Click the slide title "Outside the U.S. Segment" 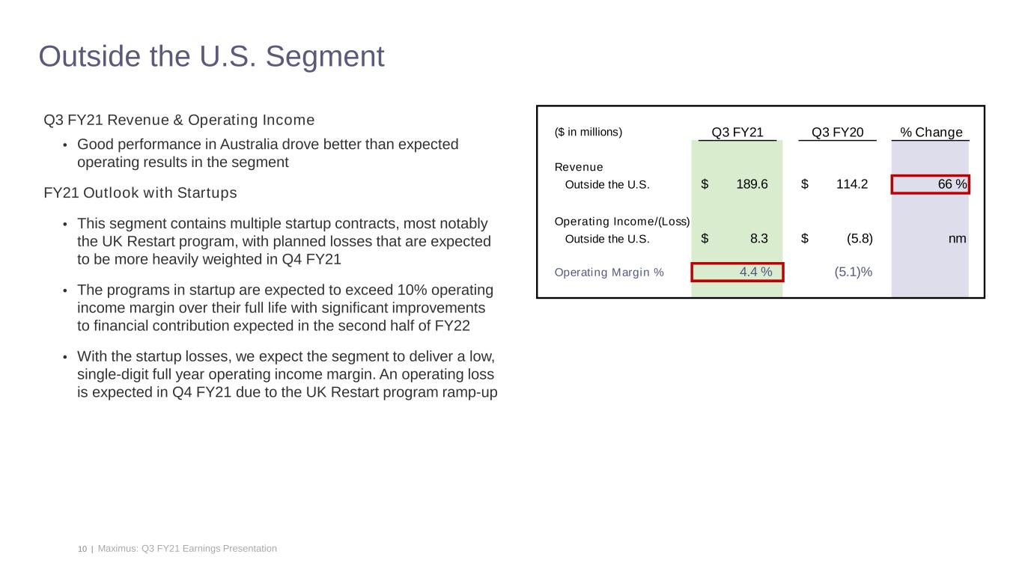point(211,57)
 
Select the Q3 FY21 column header point(737,133)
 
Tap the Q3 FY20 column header point(837,133)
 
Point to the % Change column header point(931,133)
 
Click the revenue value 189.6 point(752,184)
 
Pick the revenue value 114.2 point(852,184)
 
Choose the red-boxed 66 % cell point(930,184)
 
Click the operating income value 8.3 point(758,239)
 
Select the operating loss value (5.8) point(858,239)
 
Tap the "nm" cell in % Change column point(956,239)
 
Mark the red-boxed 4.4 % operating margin point(737,272)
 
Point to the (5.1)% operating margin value point(853,272)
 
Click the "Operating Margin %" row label point(609,272)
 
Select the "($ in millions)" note point(588,133)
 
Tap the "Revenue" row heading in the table point(578,167)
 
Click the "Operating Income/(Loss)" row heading point(621,222)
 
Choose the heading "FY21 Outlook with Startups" point(140,193)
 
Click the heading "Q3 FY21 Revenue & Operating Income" point(179,121)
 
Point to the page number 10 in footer point(82,549)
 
